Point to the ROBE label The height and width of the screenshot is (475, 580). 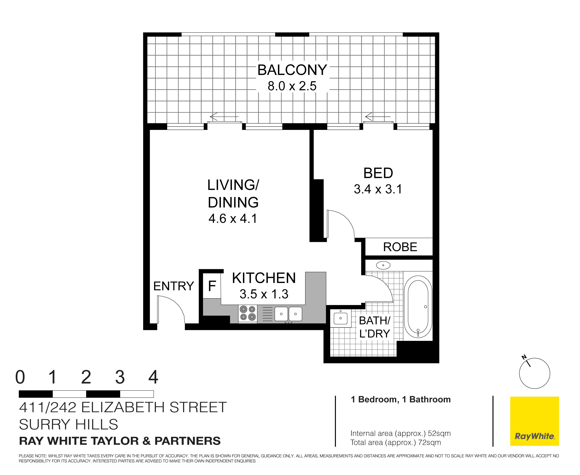pyautogui.click(x=400, y=247)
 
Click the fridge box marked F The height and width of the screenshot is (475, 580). pyautogui.click(x=212, y=286)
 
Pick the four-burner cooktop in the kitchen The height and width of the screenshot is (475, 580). pyautogui.click(x=248, y=314)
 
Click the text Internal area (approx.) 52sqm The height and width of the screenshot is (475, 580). pyautogui.click(x=400, y=433)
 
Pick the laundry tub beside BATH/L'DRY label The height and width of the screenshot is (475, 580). pyautogui.click(x=340, y=318)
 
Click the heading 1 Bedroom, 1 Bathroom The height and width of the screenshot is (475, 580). pyautogui.click(x=400, y=400)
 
